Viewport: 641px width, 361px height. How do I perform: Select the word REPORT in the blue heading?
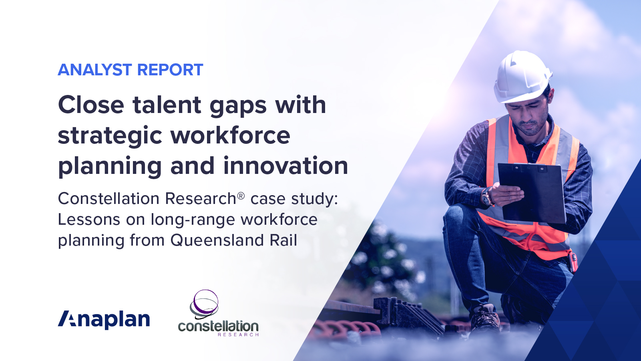[170, 70]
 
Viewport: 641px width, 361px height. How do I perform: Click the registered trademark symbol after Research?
[241, 196]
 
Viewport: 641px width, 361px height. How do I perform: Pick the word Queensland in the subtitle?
[217, 240]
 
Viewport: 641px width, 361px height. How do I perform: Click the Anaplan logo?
[104, 319]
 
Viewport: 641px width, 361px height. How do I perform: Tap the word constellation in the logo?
[218, 326]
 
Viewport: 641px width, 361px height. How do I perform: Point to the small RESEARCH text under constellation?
[238, 335]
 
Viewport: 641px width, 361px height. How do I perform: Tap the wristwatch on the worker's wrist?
[487, 197]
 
